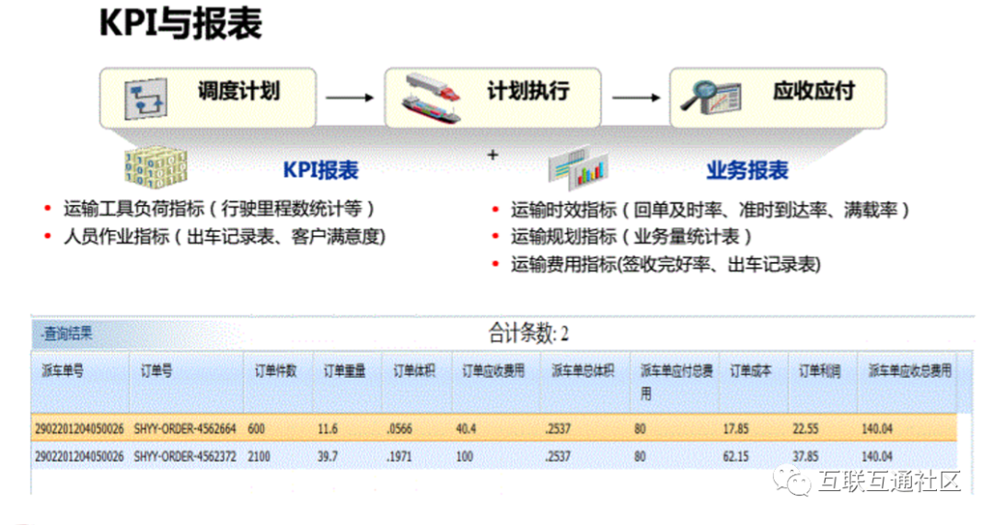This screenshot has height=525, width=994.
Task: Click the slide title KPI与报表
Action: coord(180,25)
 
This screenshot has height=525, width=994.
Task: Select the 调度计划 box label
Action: coord(238,91)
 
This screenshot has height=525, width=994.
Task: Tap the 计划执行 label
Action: coord(528,91)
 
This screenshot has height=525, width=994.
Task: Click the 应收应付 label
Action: coord(814,91)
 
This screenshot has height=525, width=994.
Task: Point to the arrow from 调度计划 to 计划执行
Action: coord(351,97)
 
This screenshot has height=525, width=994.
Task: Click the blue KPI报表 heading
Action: coord(319,170)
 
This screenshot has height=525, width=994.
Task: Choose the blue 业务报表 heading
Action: coord(747,170)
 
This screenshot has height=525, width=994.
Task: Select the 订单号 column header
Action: coord(156,371)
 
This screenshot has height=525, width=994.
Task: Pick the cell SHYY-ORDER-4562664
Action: coord(185,428)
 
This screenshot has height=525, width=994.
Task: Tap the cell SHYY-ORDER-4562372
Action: coord(185,456)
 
